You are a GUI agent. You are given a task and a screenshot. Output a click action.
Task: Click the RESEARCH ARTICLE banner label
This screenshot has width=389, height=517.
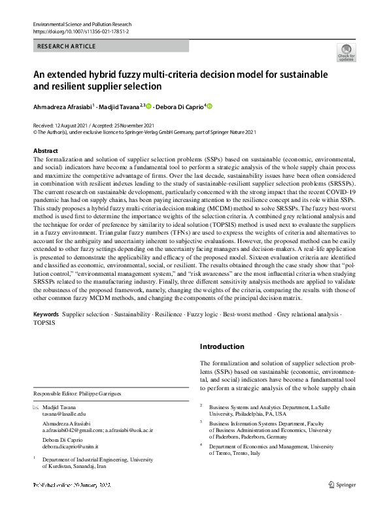[x=67, y=46]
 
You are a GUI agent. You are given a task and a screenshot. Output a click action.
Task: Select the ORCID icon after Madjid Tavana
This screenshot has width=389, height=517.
[x=148, y=107]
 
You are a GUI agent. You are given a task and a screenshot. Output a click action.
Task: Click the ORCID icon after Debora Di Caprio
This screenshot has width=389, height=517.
[x=210, y=107]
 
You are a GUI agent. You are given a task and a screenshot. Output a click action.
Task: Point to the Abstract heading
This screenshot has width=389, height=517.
[x=45, y=150]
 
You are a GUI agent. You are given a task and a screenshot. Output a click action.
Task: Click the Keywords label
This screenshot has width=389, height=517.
[x=46, y=315]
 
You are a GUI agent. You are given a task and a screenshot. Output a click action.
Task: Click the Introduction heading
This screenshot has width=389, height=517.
[x=222, y=346]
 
